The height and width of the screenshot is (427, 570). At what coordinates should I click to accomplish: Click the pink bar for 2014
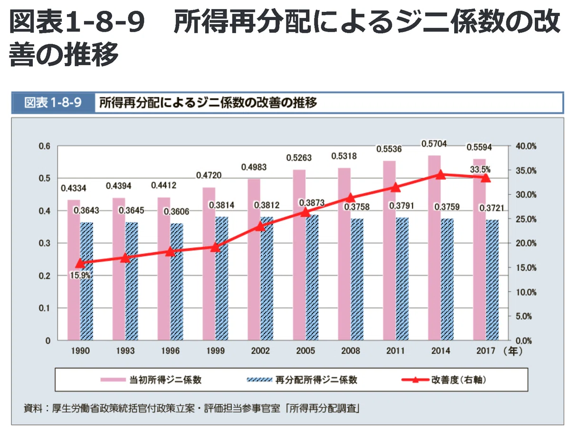[434, 247]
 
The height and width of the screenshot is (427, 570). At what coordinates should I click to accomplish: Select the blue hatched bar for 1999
[221, 278]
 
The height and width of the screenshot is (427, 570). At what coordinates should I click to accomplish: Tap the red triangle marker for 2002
[260, 227]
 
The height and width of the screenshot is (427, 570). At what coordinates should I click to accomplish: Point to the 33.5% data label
[480, 170]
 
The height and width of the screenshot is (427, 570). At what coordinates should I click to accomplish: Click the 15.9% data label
[80, 275]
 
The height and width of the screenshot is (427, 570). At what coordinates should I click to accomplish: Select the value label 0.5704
[434, 143]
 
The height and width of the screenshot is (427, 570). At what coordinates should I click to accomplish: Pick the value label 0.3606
[176, 212]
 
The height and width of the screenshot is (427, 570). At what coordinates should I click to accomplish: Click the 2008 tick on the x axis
[350, 351]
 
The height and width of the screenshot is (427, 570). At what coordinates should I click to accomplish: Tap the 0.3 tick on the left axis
[44, 243]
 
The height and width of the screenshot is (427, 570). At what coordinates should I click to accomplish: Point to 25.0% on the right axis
[526, 219]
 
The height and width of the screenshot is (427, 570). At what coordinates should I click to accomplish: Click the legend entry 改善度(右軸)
[444, 380]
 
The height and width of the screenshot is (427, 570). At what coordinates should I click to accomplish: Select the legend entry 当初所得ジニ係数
[151, 380]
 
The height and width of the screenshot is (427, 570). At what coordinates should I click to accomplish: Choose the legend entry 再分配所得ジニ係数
[302, 380]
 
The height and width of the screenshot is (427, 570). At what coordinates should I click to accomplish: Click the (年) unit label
[513, 351]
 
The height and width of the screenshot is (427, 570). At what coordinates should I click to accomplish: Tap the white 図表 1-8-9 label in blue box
[53, 103]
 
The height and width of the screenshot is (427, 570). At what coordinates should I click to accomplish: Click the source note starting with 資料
[191, 408]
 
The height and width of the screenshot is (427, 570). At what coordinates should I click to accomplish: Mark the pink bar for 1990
[74, 270]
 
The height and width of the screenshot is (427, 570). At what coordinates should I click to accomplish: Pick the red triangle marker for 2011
[395, 187]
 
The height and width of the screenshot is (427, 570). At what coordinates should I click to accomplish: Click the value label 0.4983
[254, 167]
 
